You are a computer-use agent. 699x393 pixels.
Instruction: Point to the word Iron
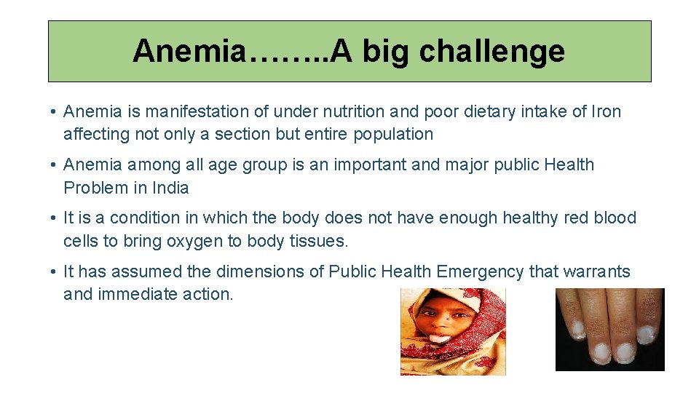tap(606, 111)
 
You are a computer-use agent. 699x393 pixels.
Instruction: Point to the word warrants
tap(596, 271)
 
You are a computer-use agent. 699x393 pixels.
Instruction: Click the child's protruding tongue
tap(438, 338)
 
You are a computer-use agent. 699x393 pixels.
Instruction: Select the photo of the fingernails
tap(609, 329)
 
